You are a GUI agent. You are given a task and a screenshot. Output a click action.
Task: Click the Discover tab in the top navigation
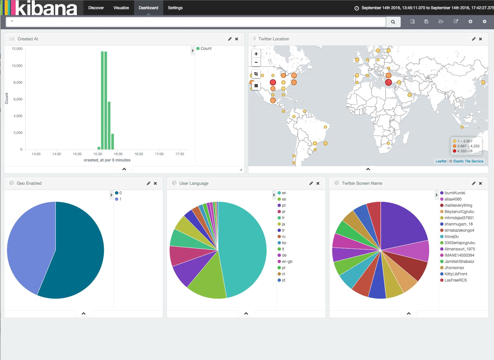coord(96,8)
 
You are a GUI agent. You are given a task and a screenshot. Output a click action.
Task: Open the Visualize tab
coord(121,8)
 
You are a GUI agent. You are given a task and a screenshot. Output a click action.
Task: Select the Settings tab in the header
coord(175,8)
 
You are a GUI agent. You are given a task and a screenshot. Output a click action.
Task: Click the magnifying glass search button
coord(393,22)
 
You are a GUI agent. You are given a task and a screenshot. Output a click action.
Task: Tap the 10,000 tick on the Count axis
coord(17,66)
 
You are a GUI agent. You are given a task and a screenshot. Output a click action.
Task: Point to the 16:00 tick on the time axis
coord(118,154)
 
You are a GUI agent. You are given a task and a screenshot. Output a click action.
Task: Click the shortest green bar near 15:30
coord(99,148)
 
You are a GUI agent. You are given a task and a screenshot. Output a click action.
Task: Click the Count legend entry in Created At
coord(206,49)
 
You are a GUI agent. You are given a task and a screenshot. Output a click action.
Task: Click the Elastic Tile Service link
coord(468,161)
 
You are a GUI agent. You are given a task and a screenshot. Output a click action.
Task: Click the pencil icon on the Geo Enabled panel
coord(148,183)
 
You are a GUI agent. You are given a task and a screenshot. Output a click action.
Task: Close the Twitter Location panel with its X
coord(481,39)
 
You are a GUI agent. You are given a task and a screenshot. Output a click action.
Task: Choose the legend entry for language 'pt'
coord(284,205)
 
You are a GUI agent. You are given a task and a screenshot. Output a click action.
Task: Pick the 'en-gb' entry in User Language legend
coord(287,262)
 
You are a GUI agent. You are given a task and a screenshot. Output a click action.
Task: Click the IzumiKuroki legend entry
coord(455,193)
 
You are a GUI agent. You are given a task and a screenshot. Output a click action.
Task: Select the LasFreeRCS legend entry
coord(455,280)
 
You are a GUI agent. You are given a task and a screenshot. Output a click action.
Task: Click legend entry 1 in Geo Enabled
coord(120,199)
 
